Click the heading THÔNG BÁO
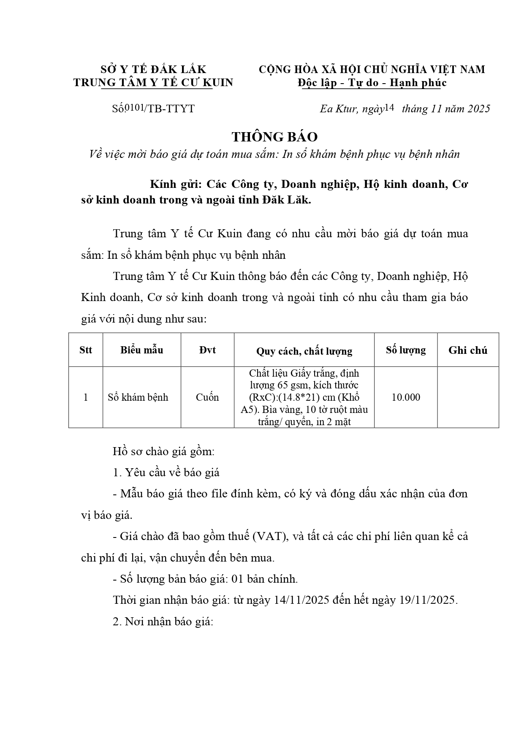coord(274,137)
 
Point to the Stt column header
coord(86,350)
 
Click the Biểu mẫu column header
coord(141,350)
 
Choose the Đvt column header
coord(207,350)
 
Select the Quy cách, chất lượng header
coord(304,351)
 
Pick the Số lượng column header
coord(405,350)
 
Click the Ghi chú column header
coord(468,350)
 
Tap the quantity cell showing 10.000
coord(406,397)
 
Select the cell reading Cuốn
coord(207,397)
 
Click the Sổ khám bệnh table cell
coord(138,397)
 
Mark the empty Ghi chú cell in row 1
coord(468,397)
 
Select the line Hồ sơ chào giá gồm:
coord(164,451)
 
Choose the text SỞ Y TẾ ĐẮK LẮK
coord(153,69)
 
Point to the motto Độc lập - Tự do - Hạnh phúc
coord(372,83)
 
